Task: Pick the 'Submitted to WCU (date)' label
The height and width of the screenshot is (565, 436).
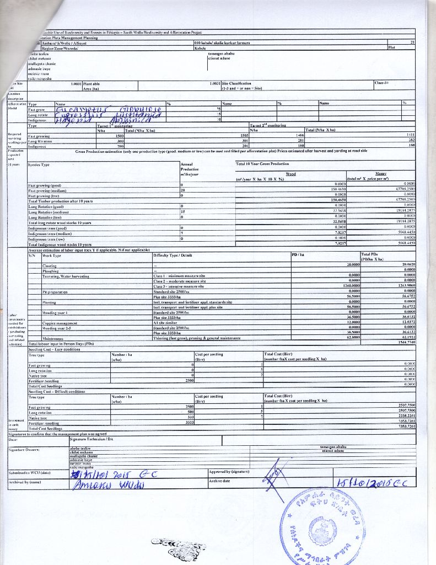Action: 30,473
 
